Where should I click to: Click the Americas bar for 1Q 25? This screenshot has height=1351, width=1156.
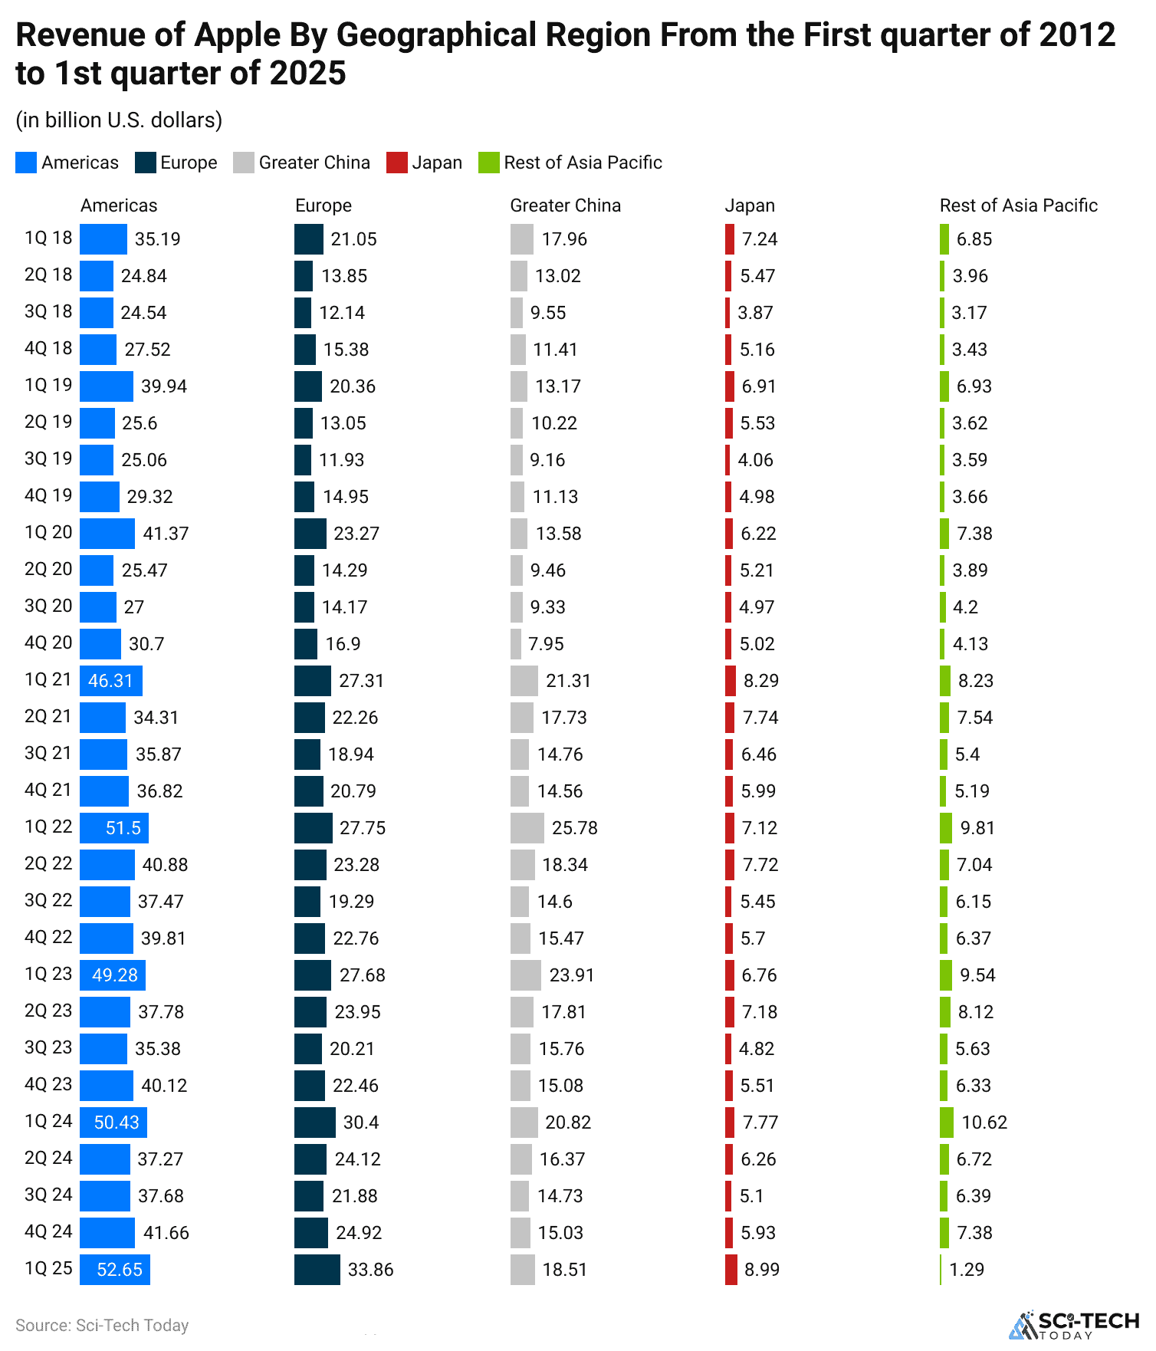pos(115,1269)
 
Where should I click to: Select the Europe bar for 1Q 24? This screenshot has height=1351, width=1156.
pos(315,1122)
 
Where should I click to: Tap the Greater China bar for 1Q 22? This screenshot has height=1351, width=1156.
pos(527,827)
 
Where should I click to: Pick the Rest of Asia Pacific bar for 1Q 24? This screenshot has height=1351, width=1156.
pos(947,1122)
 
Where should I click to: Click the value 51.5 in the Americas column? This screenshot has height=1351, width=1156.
pos(123,828)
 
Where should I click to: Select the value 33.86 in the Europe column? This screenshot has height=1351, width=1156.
pos(370,1269)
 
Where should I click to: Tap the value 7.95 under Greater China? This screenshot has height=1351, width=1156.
pos(546,644)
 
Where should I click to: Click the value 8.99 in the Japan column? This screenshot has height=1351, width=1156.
pos(761,1269)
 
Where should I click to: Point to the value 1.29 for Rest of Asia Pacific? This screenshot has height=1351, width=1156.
pos(966,1269)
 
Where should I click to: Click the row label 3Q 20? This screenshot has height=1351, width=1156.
pos(48,606)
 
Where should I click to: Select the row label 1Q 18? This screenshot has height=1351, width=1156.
pos(48,238)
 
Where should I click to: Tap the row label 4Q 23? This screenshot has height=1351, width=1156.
pos(48,1084)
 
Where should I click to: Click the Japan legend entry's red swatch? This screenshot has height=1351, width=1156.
pos(396,163)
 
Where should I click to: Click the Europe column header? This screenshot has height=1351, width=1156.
pos(323,205)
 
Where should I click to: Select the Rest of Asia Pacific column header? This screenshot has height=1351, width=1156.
pos(1018,205)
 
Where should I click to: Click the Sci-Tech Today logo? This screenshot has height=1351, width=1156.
pos(1074,1324)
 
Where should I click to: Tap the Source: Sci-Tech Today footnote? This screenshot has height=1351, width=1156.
pos(102,1325)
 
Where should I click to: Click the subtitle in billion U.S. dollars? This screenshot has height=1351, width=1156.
pos(119,120)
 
